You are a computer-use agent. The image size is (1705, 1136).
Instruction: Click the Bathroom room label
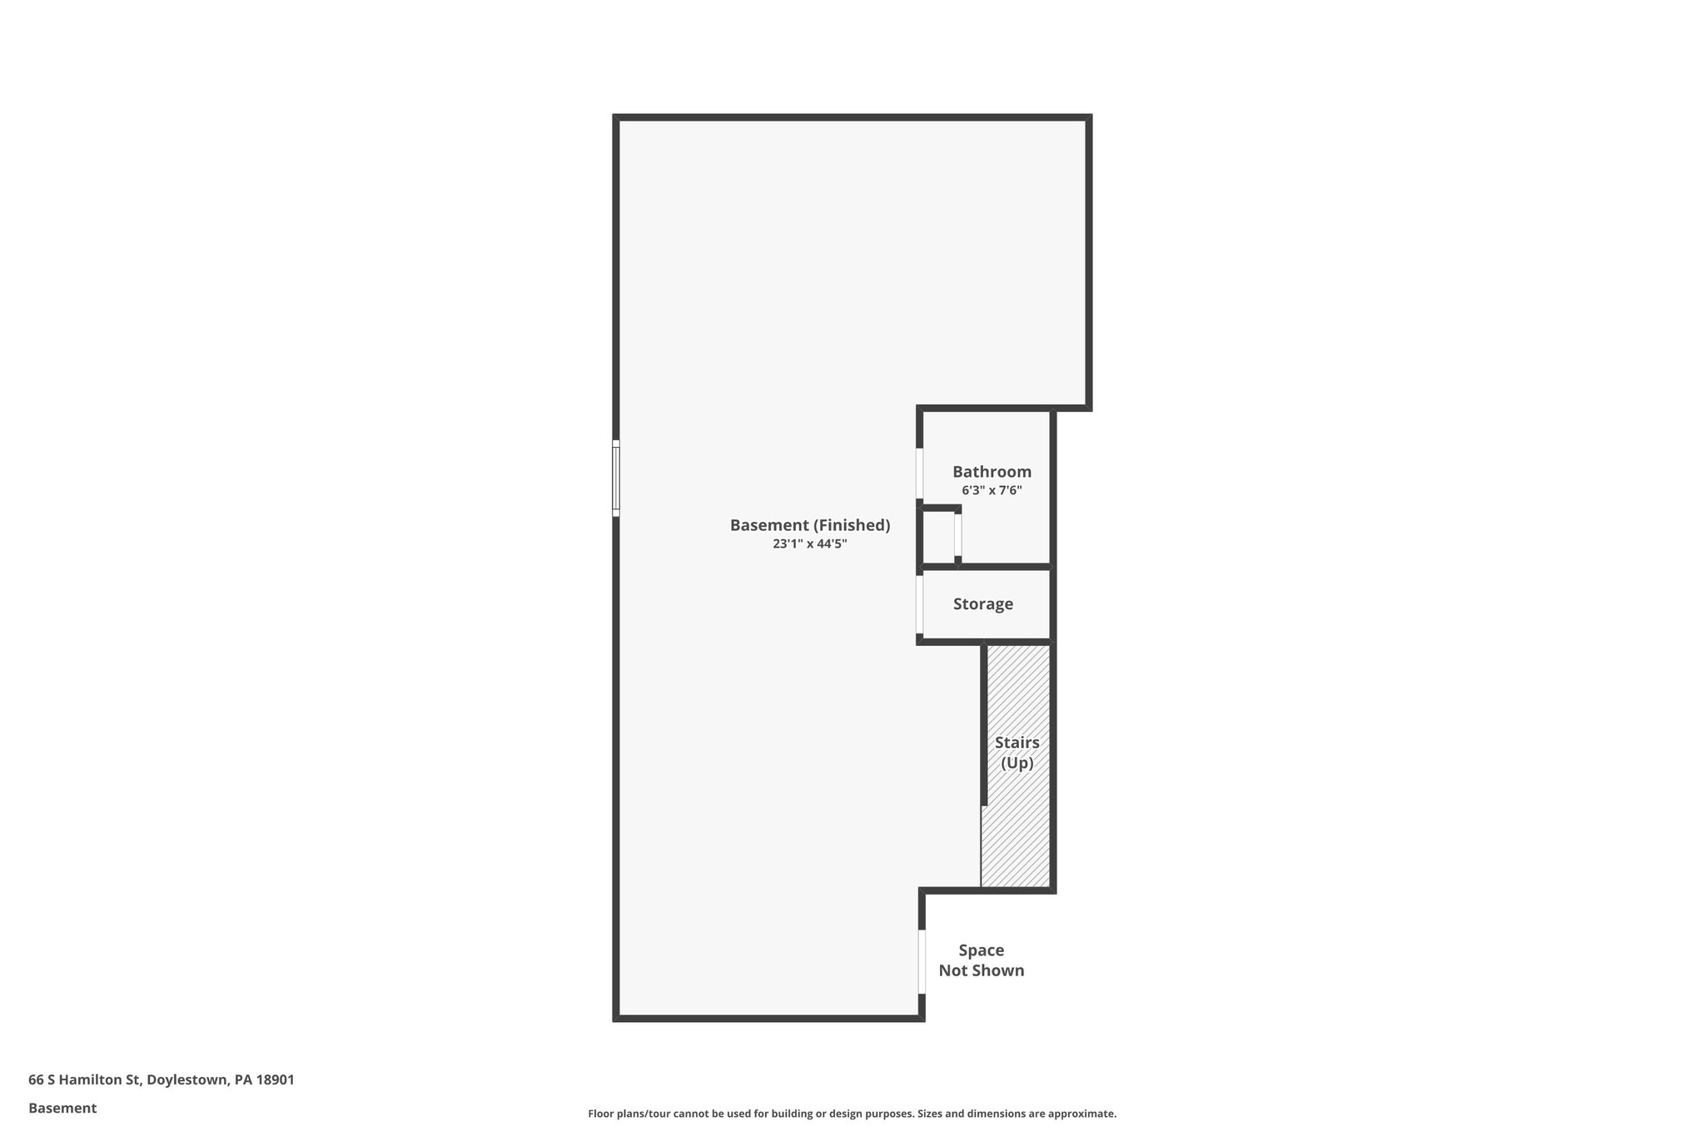(x=992, y=472)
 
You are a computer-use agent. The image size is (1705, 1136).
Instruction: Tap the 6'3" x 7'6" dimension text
(x=992, y=490)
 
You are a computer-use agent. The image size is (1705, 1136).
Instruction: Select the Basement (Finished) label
(x=810, y=525)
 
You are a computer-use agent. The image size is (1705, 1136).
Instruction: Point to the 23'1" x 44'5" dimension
(x=810, y=544)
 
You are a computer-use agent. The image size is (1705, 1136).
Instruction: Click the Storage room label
(x=983, y=604)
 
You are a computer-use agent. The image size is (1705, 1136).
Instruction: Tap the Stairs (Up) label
(x=1017, y=752)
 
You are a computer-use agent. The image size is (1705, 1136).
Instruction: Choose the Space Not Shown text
(x=982, y=960)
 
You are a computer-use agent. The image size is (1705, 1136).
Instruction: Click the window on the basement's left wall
(x=616, y=478)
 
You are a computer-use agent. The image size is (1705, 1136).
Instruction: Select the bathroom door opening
(x=920, y=474)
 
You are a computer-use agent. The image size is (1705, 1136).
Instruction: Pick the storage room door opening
(x=920, y=605)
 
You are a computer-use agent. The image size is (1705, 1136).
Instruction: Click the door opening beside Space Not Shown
(x=922, y=961)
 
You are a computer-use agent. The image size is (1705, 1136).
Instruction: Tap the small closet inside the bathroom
(x=938, y=537)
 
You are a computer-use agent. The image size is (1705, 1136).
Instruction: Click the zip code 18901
(x=275, y=1080)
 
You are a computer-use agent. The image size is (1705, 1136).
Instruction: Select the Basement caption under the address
(x=62, y=1109)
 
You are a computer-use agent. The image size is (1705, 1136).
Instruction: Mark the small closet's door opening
(x=958, y=536)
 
